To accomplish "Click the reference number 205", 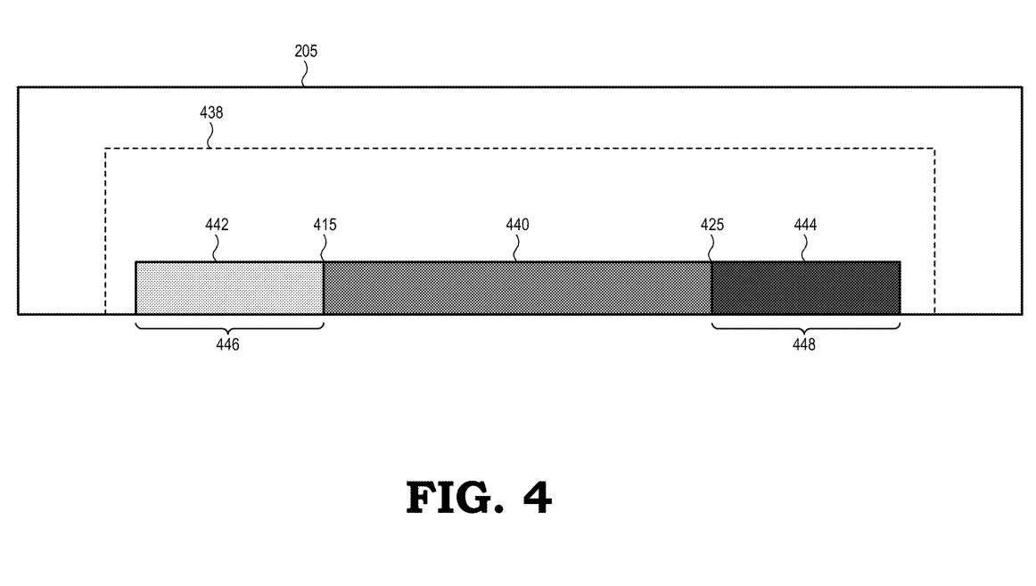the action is click(306, 51).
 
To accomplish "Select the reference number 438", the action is click(211, 112).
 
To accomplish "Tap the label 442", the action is click(217, 225).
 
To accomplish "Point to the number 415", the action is click(325, 225).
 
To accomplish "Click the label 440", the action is click(517, 225).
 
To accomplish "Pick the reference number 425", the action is click(712, 225).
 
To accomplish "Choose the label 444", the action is click(805, 225).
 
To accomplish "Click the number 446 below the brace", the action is click(227, 344).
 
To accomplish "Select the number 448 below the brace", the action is click(804, 344).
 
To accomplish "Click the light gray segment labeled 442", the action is click(229, 288).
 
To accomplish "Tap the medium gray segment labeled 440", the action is click(517, 288).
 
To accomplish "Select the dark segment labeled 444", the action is click(806, 288).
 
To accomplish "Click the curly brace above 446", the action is click(229, 328).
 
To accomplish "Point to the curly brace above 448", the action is click(805, 328).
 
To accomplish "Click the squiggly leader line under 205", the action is click(305, 74).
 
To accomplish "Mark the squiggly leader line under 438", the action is click(210, 136).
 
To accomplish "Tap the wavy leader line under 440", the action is click(515, 249).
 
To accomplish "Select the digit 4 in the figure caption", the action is click(537, 498).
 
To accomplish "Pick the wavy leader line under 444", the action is click(804, 249).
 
